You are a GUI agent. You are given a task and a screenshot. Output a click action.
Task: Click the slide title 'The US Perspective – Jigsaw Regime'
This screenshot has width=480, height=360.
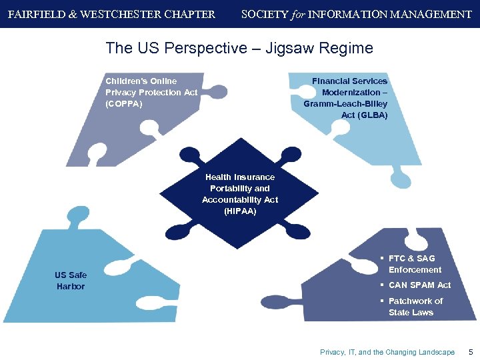pyautogui.click(x=239, y=48)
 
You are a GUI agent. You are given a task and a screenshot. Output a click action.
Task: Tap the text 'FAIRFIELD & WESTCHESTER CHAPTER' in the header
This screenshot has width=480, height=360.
pyautogui.click(x=111, y=14)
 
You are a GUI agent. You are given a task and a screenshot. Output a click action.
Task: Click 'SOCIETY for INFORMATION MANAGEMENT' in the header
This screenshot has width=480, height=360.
pyautogui.click(x=356, y=14)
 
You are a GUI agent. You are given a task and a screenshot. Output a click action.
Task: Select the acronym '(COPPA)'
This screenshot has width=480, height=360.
pyautogui.click(x=123, y=104)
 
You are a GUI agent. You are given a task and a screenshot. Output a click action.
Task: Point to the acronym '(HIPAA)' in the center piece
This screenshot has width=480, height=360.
pyautogui.click(x=240, y=211)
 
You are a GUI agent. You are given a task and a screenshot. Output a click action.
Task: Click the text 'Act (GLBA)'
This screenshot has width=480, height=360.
pyautogui.click(x=364, y=115)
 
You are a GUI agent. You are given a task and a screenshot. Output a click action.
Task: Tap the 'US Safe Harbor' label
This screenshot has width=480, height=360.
pyautogui.click(x=71, y=281)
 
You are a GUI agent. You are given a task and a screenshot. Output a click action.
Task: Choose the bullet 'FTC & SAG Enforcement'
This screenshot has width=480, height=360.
pyautogui.click(x=414, y=264)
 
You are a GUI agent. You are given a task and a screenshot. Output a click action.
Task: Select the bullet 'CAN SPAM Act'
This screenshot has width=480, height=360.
pyautogui.click(x=419, y=285)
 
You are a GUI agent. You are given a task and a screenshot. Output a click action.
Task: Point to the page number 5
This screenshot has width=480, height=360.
pyautogui.click(x=471, y=352)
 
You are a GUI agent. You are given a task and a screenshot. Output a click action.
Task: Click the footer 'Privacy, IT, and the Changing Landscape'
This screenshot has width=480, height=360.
pyautogui.click(x=387, y=352)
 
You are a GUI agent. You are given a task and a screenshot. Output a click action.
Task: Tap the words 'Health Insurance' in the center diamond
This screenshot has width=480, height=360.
pyautogui.click(x=240, y=177)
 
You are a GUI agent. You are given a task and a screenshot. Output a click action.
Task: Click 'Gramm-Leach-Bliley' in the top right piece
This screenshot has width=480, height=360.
pyautogui.click(x=345, y=104)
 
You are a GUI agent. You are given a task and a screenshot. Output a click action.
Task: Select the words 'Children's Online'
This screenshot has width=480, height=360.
pyautogui.click(x=141, y=81)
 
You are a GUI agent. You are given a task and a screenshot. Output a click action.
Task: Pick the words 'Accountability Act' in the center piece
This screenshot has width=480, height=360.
pyautogui.click(x=240, y=200)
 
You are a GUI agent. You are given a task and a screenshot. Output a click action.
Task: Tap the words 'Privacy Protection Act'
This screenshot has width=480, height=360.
pyautogui.click(x=151, y=93)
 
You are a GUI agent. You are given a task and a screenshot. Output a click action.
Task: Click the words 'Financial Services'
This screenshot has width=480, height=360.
pyautogui.click(x=349, y=81)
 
